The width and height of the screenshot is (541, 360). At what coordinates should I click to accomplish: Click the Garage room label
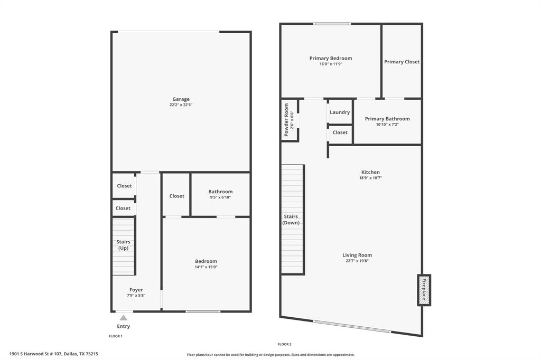point(181,99)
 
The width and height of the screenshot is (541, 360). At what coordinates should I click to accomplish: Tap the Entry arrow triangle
point(123,318)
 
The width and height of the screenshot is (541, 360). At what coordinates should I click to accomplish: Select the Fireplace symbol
point(424,290)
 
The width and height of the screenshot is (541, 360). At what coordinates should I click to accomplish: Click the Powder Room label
point(287,120)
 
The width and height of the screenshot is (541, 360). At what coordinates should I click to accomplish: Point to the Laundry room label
point(340,112)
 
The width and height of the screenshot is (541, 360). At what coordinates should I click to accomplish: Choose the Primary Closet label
point(402,62)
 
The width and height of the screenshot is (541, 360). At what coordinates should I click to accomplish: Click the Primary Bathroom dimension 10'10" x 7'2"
point(387,125)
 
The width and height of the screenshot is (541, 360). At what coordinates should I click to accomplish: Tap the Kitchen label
point(370,172)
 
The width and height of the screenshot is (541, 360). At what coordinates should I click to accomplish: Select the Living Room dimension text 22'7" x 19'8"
point(357,261)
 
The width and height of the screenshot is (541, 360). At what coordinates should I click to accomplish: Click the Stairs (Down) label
point(291,220)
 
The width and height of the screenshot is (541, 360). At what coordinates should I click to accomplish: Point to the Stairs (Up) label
point(123,245)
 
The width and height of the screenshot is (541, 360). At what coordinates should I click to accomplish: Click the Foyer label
point(136,290)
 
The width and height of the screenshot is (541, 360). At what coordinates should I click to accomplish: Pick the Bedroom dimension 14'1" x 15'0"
point(206,267)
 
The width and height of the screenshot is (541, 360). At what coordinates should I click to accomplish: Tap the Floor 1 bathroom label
point(220,192)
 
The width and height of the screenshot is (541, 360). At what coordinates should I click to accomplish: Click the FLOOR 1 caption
point(115,336)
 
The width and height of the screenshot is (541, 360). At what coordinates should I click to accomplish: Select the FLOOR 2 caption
point(284,344)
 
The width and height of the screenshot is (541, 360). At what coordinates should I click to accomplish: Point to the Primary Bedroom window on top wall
point(332,24)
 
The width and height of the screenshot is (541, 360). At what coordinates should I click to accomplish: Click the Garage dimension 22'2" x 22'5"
point(181,105)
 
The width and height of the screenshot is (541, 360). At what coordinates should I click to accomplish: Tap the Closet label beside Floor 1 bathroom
point(177,196)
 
